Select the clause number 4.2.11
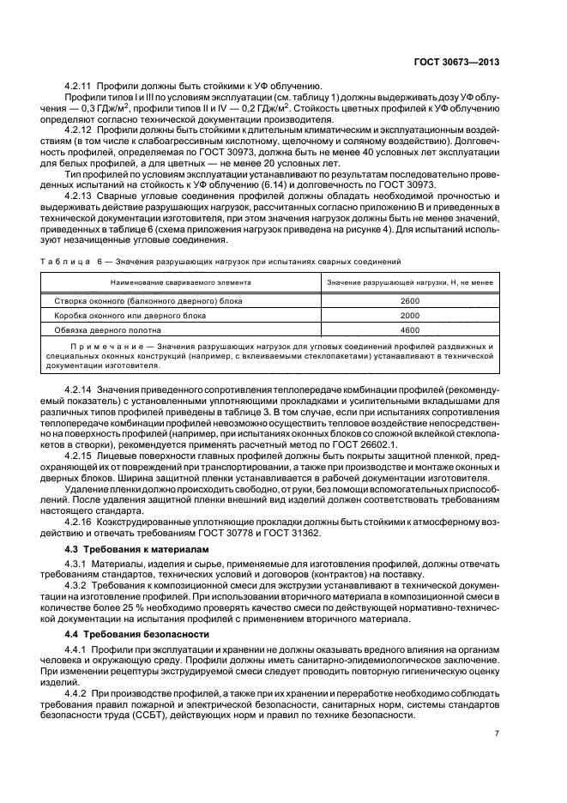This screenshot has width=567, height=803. point(79,86)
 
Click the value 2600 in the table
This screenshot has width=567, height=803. point(410,301)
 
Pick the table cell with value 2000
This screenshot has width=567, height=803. point(410,315)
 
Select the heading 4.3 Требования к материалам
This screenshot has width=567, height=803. point(126,548)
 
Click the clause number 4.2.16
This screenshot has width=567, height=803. point(79,520)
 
